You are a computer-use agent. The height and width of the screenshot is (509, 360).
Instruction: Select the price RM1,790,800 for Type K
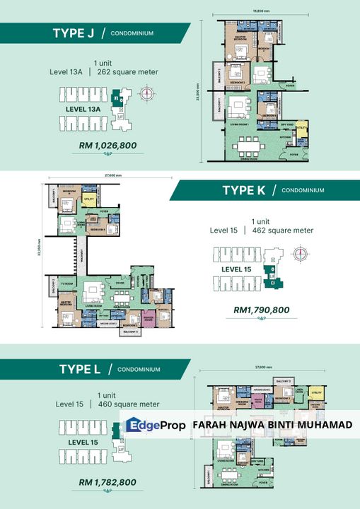(x=261, y=310)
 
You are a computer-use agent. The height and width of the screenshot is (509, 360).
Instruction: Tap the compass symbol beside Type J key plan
(x=149, y=93)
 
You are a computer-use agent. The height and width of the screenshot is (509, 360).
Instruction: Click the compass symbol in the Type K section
(x=301, y=254)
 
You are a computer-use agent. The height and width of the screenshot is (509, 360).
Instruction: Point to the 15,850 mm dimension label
(x=260, y=11)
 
